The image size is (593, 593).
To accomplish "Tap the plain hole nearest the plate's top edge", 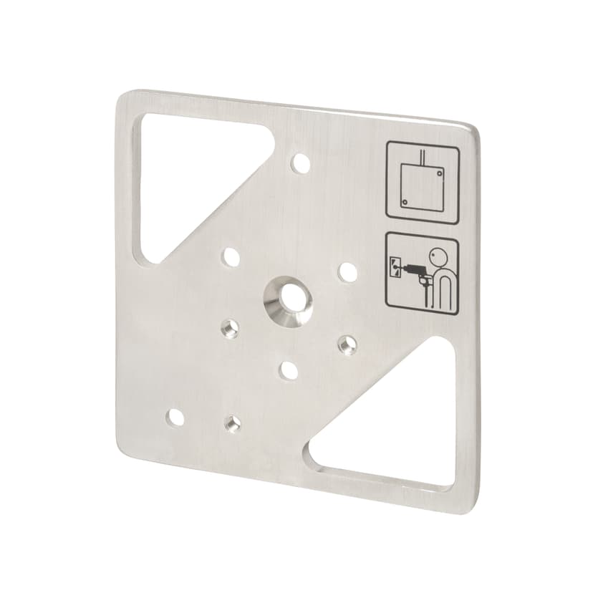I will coord(301,163).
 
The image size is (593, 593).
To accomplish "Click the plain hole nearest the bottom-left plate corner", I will coord(173,418).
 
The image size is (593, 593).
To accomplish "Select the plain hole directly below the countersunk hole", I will coord(289,370).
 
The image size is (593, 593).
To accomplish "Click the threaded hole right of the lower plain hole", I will coord(347,344).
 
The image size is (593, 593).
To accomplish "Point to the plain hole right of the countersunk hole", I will coord(347,272).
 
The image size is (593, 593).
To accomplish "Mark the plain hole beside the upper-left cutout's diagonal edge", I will coord(231,256).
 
